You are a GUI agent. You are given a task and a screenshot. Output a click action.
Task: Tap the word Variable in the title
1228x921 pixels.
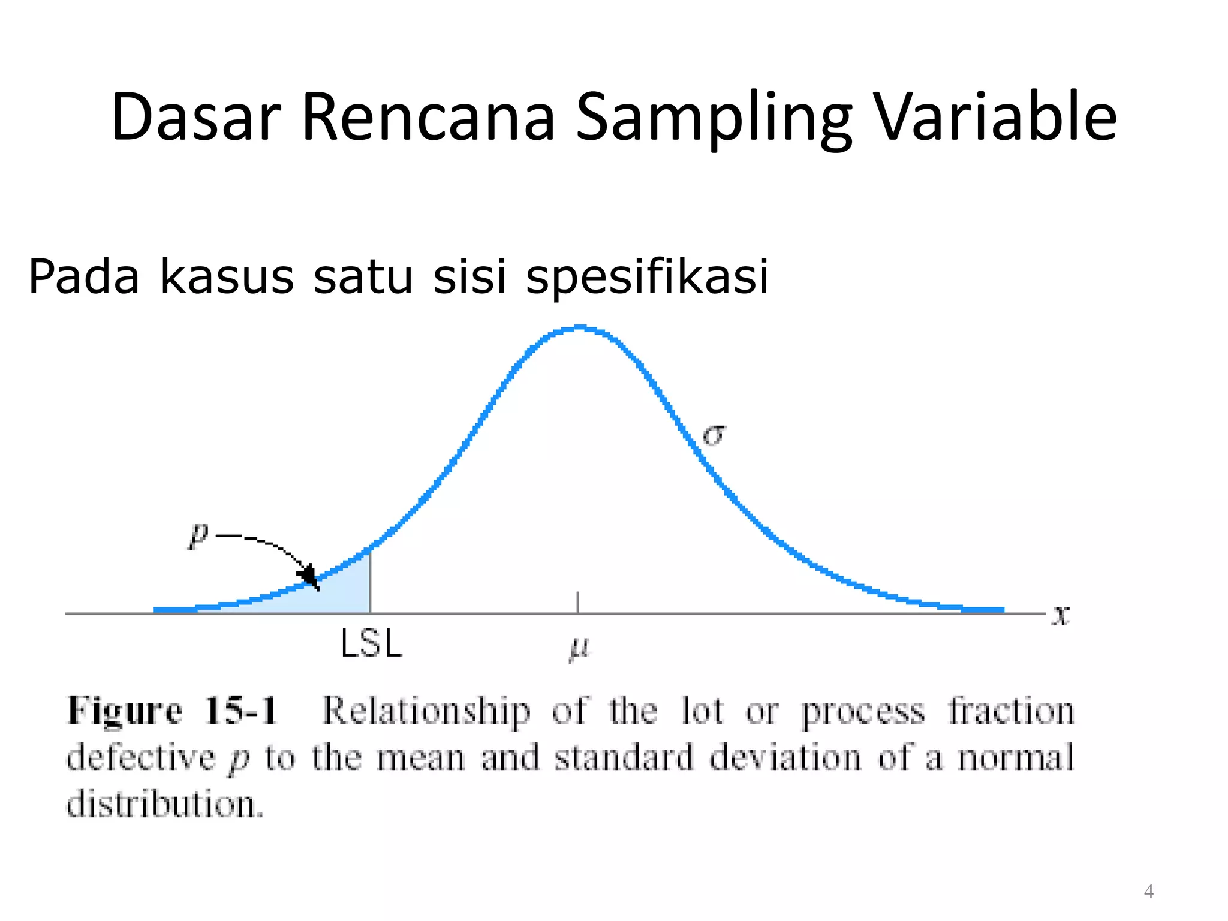point(995,117)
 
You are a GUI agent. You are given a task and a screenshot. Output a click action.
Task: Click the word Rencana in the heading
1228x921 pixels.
point(428,117)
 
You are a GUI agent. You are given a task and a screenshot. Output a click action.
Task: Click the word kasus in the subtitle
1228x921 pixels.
point(227,277)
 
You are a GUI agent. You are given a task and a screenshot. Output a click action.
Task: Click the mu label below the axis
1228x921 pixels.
point(579,649)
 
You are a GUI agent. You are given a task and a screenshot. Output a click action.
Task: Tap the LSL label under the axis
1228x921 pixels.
point(371,645)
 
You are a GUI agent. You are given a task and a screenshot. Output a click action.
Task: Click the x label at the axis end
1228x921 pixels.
point(1061,615)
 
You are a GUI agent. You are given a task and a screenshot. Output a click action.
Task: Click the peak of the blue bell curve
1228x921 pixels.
point(579,328)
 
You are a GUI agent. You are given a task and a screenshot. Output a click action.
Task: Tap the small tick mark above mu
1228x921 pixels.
point(577,601)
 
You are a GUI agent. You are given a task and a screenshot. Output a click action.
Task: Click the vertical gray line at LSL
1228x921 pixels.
point(370,582)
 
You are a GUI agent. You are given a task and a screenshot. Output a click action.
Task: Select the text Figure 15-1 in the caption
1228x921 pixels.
point(172,712)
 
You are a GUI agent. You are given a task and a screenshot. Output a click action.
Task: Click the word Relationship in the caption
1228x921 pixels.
point(426,712)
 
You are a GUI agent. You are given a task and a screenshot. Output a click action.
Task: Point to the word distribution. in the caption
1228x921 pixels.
point(165,804)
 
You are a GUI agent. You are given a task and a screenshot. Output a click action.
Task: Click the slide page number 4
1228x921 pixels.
point(1148,892)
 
